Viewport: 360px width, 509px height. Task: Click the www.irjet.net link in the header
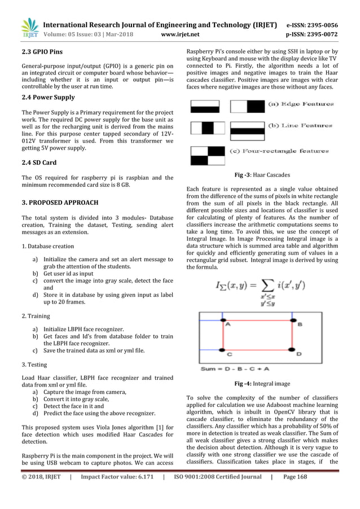[179, 34]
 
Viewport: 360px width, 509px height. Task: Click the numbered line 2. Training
[35, 316]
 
